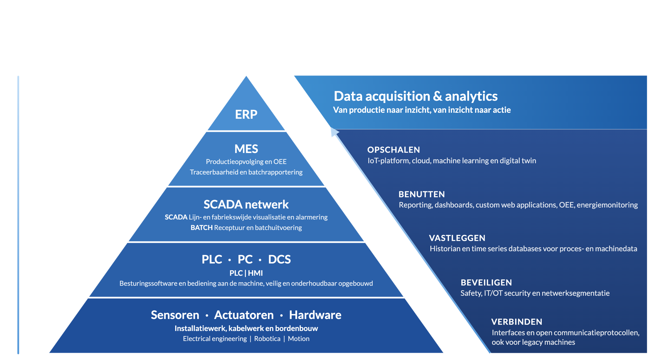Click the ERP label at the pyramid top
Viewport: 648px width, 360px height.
click(246, 114)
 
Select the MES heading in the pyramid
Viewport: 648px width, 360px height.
click(246, 149)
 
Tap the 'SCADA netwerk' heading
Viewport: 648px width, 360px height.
click(246, 204)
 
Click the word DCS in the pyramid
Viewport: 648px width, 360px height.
click(279, 259)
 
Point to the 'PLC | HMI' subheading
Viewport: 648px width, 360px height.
click(246, 273)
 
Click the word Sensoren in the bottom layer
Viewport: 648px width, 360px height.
click(175, 315)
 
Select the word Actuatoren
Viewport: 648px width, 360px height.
click(244, 315)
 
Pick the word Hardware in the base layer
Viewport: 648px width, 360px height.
click(315, 315)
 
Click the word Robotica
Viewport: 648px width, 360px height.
click(267, 339)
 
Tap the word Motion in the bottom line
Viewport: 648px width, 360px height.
click(299, 339)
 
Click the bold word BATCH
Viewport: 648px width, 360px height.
click(201, 228)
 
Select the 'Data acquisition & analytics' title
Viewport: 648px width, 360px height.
click(415, 96)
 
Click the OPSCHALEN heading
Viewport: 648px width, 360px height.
click(394, 150)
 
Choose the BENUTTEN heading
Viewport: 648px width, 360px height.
click(422, 194)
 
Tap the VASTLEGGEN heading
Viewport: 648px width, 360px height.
click(457, 238)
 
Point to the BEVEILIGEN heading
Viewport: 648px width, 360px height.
click(486, 282)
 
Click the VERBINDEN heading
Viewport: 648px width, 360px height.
click(517, 322)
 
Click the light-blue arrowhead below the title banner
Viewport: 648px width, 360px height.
click(334, 132)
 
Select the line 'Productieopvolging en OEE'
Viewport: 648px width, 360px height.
click(246, 162)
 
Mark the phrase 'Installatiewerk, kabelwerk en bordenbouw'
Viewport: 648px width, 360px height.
click(246, 328)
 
